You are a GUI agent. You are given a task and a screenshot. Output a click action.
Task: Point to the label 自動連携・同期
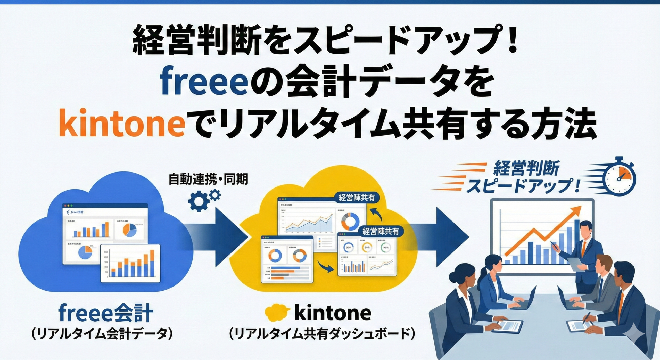(x=208, y=179)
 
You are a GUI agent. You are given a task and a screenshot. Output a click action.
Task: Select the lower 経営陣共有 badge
(x=381, y=231)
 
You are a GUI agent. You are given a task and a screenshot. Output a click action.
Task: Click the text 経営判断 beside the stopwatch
(x=526, y=169)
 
